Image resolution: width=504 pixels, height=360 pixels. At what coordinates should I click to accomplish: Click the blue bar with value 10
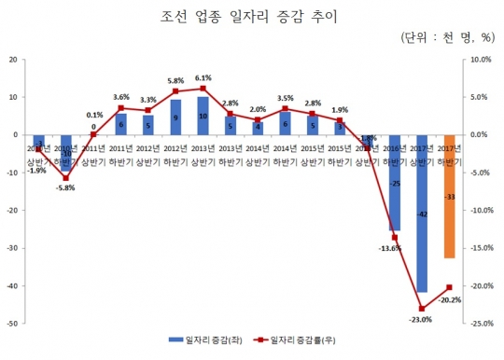point(203,116)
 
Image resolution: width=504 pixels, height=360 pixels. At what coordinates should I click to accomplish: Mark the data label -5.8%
point(64,188)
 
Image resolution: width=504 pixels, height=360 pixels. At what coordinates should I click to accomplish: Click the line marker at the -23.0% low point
point(422,309)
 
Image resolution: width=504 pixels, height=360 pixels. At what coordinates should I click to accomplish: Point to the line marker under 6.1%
point(203,89)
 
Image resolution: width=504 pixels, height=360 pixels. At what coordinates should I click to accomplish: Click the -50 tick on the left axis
point(13,324)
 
